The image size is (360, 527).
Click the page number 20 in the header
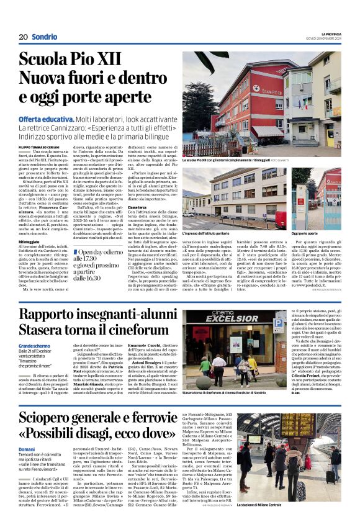tap(22, 37)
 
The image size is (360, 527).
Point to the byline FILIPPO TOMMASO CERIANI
tap(40, 146)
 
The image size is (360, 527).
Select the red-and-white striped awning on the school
tap(267, 132)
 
